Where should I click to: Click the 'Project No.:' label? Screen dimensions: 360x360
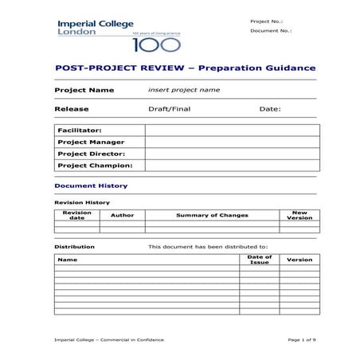(x=265, y=21)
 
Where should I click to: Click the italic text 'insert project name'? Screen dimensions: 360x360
(x=184, y=90)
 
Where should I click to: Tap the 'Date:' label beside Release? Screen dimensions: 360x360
(x=270, y=108)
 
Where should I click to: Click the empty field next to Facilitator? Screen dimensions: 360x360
(x=232, y=130)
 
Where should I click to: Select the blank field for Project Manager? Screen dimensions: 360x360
(x=232, y=142)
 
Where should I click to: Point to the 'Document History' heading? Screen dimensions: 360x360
(x=91, y=186)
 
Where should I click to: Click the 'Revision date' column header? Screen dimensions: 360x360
(x=76, y=215)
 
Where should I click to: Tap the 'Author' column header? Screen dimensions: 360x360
(x=122, y=215)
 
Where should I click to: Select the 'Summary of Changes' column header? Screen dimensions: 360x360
(x=212, y=215)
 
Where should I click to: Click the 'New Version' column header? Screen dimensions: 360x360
(x=299, y=215)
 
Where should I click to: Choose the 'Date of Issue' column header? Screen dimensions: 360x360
(x=260, y=260)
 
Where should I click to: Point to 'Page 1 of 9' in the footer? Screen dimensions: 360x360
(x=302, y=339)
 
